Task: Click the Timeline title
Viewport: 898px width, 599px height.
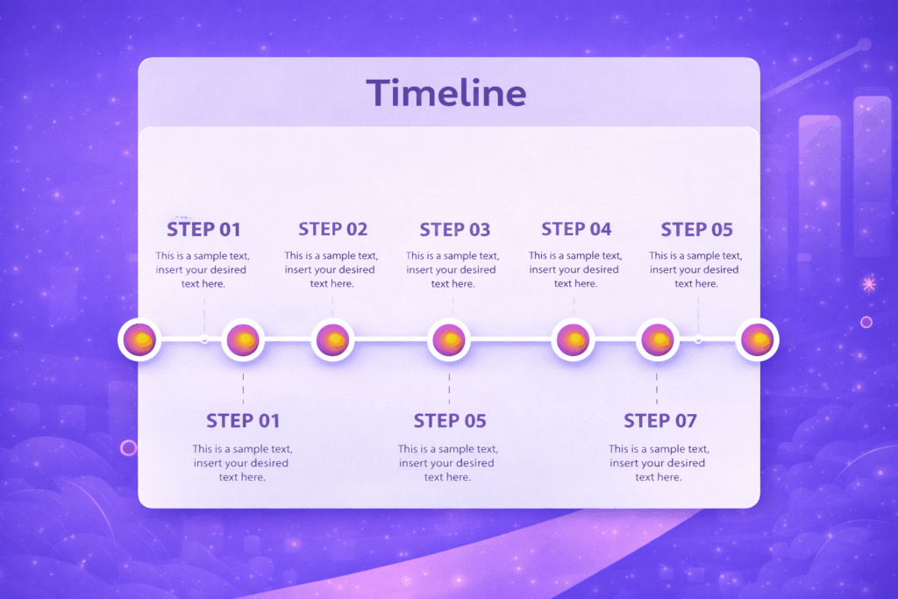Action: pos(445,93)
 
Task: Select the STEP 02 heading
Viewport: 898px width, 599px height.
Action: pos(332,229)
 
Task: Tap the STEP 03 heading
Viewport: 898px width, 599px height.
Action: pos(454,230)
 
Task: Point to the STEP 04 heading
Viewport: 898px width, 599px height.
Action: pos(576,229)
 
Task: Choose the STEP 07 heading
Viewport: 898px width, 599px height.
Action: pos(659,420)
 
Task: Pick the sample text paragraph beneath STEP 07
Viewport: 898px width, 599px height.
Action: pos(657,462)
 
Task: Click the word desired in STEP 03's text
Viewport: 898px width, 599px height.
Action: pos(478,270)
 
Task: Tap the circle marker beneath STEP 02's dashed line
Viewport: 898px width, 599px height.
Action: pos(332,339)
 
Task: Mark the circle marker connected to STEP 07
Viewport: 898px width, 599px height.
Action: pos(657,340)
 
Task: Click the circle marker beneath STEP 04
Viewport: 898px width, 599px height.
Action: pos(573,340)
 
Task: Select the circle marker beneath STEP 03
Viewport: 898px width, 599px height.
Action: pos(449,340)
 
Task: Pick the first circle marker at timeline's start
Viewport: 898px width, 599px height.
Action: pos(140,339)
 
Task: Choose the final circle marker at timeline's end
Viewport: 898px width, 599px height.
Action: pos(757,339)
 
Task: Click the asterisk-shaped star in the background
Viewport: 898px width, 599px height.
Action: pos(869,284)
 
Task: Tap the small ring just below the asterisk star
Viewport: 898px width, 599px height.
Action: pos(866,322)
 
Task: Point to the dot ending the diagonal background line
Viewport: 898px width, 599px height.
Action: pos(864,44)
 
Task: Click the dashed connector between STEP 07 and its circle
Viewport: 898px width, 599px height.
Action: pos(657,387)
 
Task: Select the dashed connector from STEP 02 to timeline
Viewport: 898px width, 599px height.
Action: pos(332,306)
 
